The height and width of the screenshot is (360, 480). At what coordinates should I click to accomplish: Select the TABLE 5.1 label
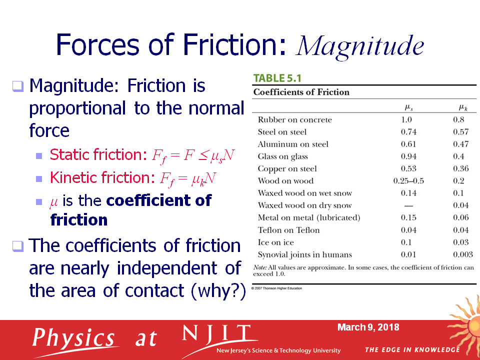point(277,78)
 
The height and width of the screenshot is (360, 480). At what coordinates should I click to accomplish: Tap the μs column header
point(408,107)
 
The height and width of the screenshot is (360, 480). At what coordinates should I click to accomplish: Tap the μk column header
point(462,107)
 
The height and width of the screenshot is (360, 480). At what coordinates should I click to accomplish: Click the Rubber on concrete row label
point(295,119)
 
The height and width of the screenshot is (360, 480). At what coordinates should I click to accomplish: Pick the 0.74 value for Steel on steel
point(408,132)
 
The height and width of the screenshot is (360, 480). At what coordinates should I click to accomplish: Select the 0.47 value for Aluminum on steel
point(460,144)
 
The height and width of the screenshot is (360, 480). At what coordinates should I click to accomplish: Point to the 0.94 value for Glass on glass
point(408,156)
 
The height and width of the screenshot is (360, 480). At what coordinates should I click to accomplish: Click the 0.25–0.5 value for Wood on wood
point(408,181)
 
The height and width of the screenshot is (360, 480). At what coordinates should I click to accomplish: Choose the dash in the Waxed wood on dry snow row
point(408,205)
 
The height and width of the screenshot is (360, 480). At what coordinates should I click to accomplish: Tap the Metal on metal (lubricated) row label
point(309,217)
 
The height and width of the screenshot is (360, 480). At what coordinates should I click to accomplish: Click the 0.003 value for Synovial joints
point(463,254)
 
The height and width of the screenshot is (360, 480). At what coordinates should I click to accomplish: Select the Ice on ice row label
point(276,242)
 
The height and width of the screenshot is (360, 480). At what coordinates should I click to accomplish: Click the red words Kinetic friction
point(100,177)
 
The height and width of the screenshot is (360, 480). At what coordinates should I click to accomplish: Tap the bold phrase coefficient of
point(158,200)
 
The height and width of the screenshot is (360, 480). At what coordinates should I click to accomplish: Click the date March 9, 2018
point(368,327)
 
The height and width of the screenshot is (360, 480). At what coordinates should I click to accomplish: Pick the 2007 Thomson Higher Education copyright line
point(276,288)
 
